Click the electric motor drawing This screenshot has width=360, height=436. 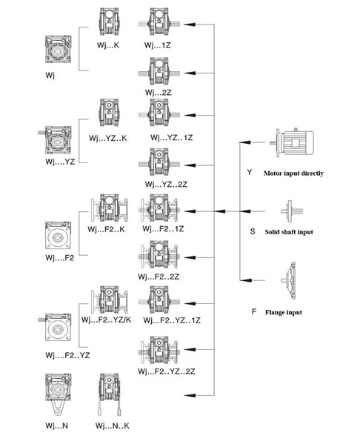[x=292, y=142]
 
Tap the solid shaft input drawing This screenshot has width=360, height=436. [x=292, y=211]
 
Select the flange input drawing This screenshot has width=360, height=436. [x=289, y=280]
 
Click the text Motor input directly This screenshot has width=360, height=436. [x=293, y=174]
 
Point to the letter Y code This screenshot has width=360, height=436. [x=250, y=172]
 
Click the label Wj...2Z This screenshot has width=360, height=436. [x=158, y=93]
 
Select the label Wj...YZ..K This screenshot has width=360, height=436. [x=108, y=138]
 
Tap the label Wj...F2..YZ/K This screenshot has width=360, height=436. [x=106, y=320]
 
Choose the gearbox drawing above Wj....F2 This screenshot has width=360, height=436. [x=58, y=235]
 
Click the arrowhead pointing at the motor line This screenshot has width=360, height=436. [x=245, y=142]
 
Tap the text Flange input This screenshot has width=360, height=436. [x=284, y=312]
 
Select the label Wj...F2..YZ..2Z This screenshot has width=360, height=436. [x=167, y=371]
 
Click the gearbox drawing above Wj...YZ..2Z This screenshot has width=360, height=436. [x=159, y=163]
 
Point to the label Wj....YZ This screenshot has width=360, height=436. [x=60, y=162]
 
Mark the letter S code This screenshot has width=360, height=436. [x=252, y=231]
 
